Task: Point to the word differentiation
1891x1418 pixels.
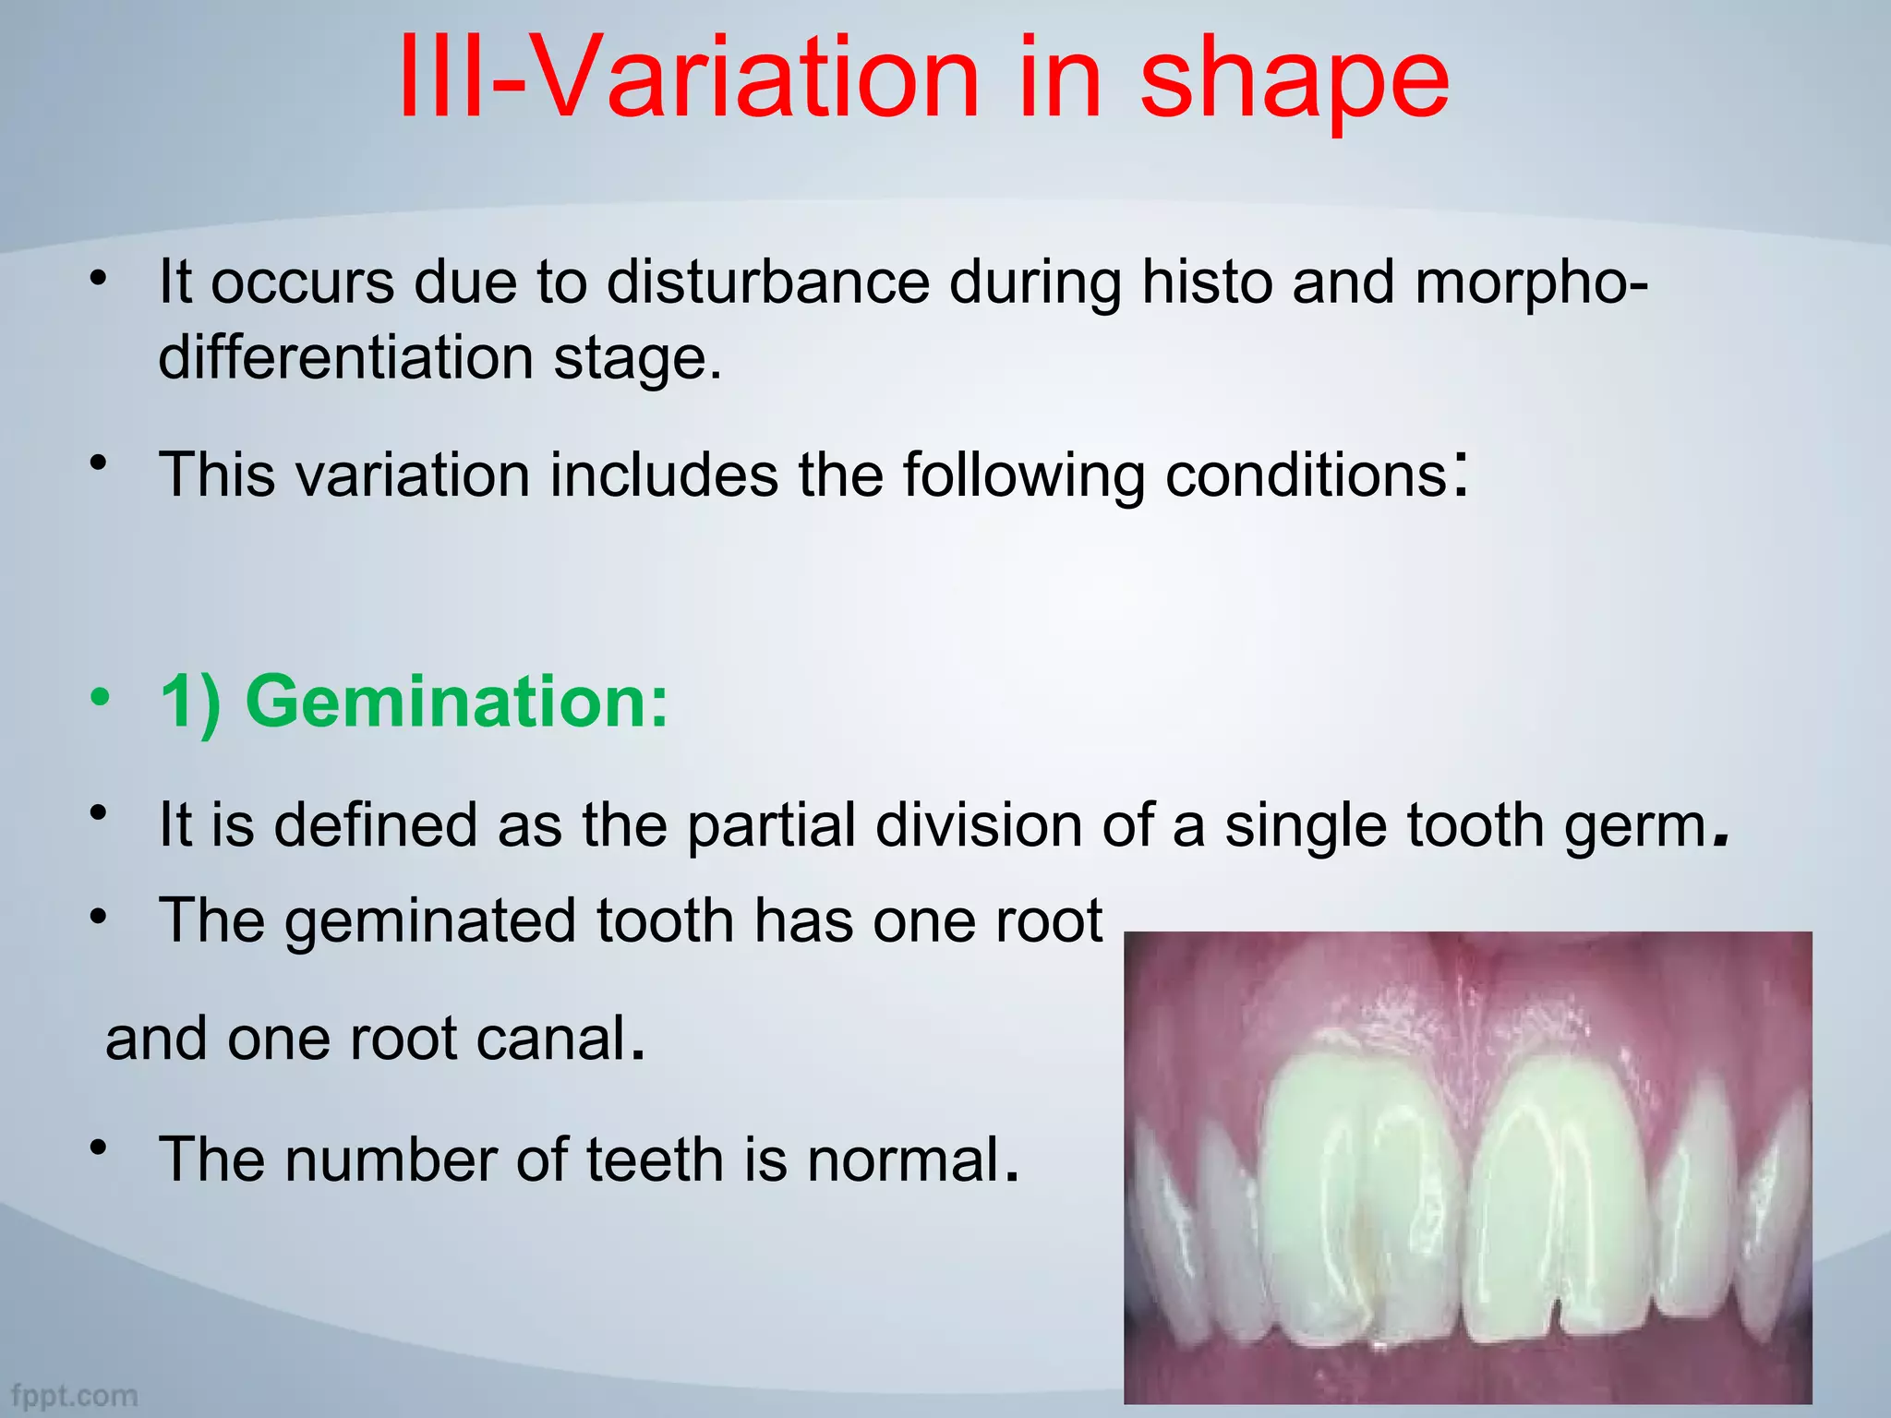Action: [345, 357]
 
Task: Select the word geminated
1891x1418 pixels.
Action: [429, 921]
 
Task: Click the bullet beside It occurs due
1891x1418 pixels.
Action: [99, 278]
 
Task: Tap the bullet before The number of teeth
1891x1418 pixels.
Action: [99, 1148]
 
